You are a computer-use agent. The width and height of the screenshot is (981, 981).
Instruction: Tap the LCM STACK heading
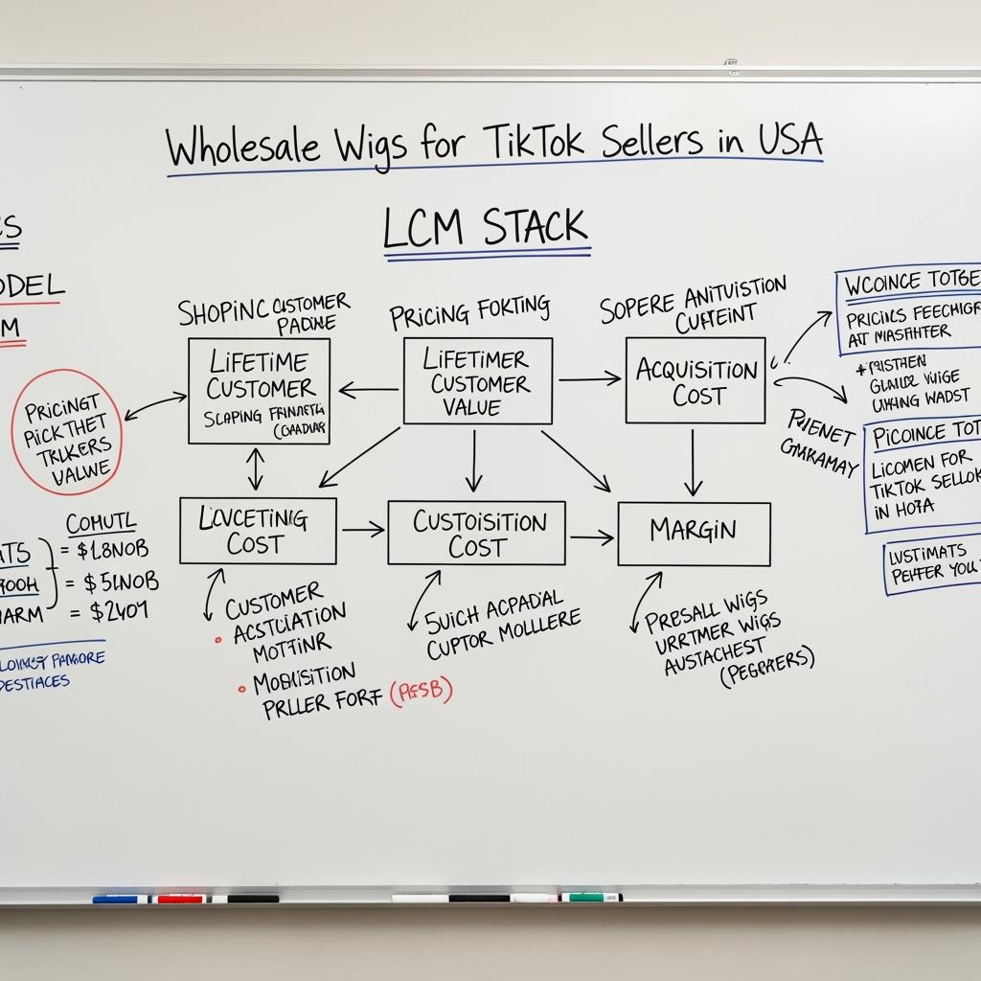tap(485, 228)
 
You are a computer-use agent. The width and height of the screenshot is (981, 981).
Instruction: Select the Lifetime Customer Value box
tap(477, 381)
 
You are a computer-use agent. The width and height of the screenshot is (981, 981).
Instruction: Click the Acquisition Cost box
tap(696, 380)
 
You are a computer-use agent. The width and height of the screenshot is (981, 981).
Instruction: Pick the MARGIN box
tap(694, 534)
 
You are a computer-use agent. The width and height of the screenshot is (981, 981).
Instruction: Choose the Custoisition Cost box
tap(476, 533)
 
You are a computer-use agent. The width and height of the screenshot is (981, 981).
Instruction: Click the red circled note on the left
tap(67, 433)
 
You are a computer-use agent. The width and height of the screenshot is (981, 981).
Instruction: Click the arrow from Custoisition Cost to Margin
tap(591, 537)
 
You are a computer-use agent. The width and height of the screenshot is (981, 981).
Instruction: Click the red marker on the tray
tap(180, 899)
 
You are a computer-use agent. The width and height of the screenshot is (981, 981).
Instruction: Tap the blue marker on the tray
tap(121, 899)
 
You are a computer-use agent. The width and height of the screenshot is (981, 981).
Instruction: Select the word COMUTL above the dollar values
tap(100, 524)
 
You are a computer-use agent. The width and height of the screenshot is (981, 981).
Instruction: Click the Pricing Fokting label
tap(469, 312)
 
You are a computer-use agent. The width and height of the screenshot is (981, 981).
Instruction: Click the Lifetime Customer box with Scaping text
tap(259, 391)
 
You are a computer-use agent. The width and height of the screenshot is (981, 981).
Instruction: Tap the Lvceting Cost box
tap(258, 531)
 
